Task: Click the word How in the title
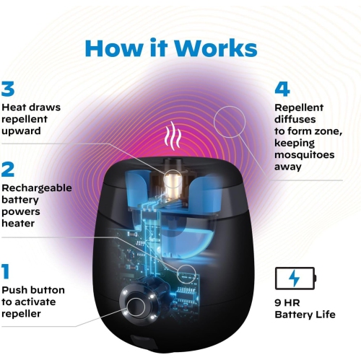pos(115,48)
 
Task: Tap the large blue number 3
pos(8,89)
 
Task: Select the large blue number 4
pos(282,89)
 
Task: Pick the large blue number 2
pos(8,170)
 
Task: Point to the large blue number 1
pos(6,272)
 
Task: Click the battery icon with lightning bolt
pos(295,278)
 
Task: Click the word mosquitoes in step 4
pos(304,154)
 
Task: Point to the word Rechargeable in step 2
pos(36,188)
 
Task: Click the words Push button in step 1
pos(32,290)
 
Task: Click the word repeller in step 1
pos(21,315)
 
